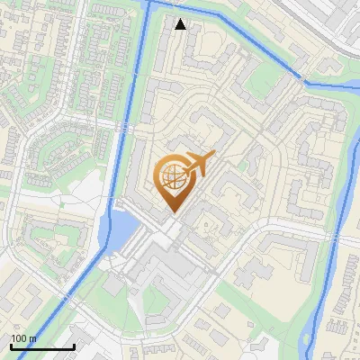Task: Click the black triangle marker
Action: coord(180,24)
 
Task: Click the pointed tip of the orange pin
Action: coord(174,212)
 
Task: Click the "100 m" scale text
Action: coord(23,338)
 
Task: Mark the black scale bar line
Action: coord(41,346)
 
